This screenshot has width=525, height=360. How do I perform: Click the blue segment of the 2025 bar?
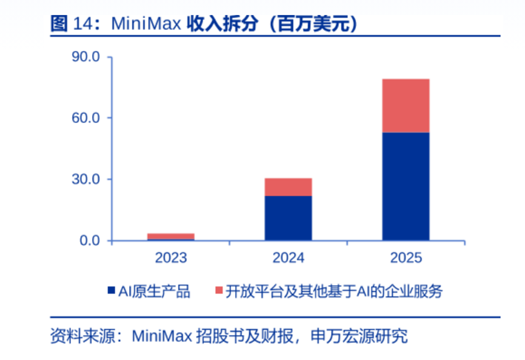(406, 186)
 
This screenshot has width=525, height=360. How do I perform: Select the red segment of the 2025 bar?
(406, 105)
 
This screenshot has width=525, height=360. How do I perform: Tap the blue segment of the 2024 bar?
(288, 218)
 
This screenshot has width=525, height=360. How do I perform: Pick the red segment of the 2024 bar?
(288, 187)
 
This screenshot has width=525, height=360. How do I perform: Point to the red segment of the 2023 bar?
(171, 236)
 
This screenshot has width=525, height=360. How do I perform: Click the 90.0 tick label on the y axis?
(85, 57)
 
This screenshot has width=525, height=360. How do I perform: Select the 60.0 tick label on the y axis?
(85, 118)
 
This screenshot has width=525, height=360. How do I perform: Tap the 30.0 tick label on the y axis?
(85, 179)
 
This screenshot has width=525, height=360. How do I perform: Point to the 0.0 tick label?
(89, 241)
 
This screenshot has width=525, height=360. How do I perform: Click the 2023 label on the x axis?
(171, 258)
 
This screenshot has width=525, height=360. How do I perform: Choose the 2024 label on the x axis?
(288, 258)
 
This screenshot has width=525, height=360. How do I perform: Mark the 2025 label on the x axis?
(406, 258)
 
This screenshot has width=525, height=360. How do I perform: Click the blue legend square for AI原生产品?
(111, 292)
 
